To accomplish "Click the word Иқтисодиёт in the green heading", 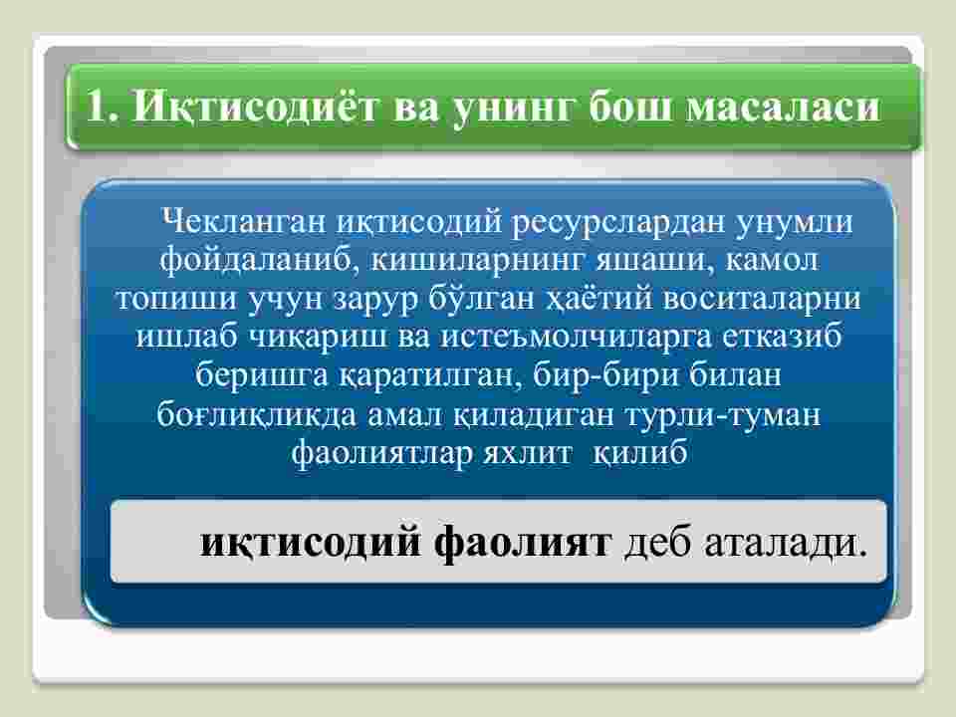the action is click(x=256, y=107).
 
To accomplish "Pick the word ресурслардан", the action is click(x=617, y=223).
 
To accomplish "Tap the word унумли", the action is click(x=794, y=223).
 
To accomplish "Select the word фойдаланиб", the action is click(x=256, y=261).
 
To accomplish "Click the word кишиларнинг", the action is click(x=477, y=262).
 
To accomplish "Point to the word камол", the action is click(x=771, y=261).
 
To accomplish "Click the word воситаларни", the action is click(x=762, y=299).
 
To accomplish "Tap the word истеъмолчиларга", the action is click(x=576, y=338).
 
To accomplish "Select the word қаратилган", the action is click(x=430, y=376).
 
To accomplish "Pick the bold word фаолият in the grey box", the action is click(x=523, y=542).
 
